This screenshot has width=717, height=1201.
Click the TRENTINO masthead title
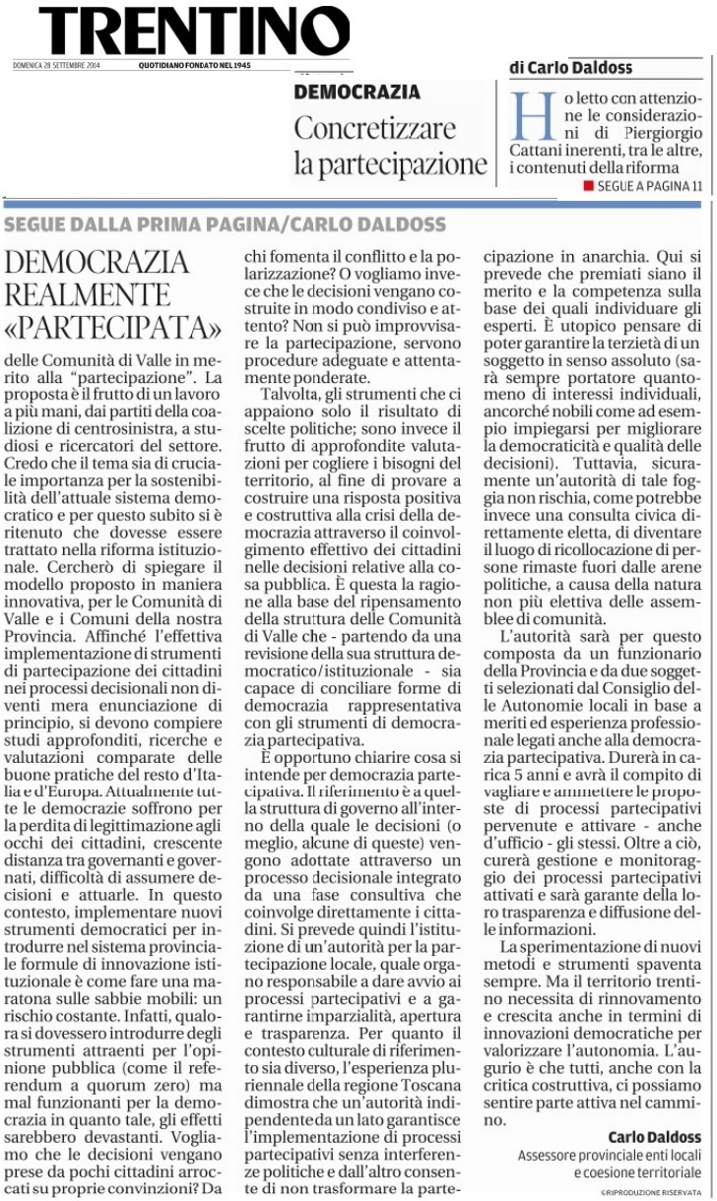tap(194, 32)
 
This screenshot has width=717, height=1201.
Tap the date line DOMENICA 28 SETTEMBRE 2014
tap(56, 66)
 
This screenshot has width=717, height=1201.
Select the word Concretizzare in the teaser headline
tap(375, 128)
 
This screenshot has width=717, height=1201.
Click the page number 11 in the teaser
tap(697, 186)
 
